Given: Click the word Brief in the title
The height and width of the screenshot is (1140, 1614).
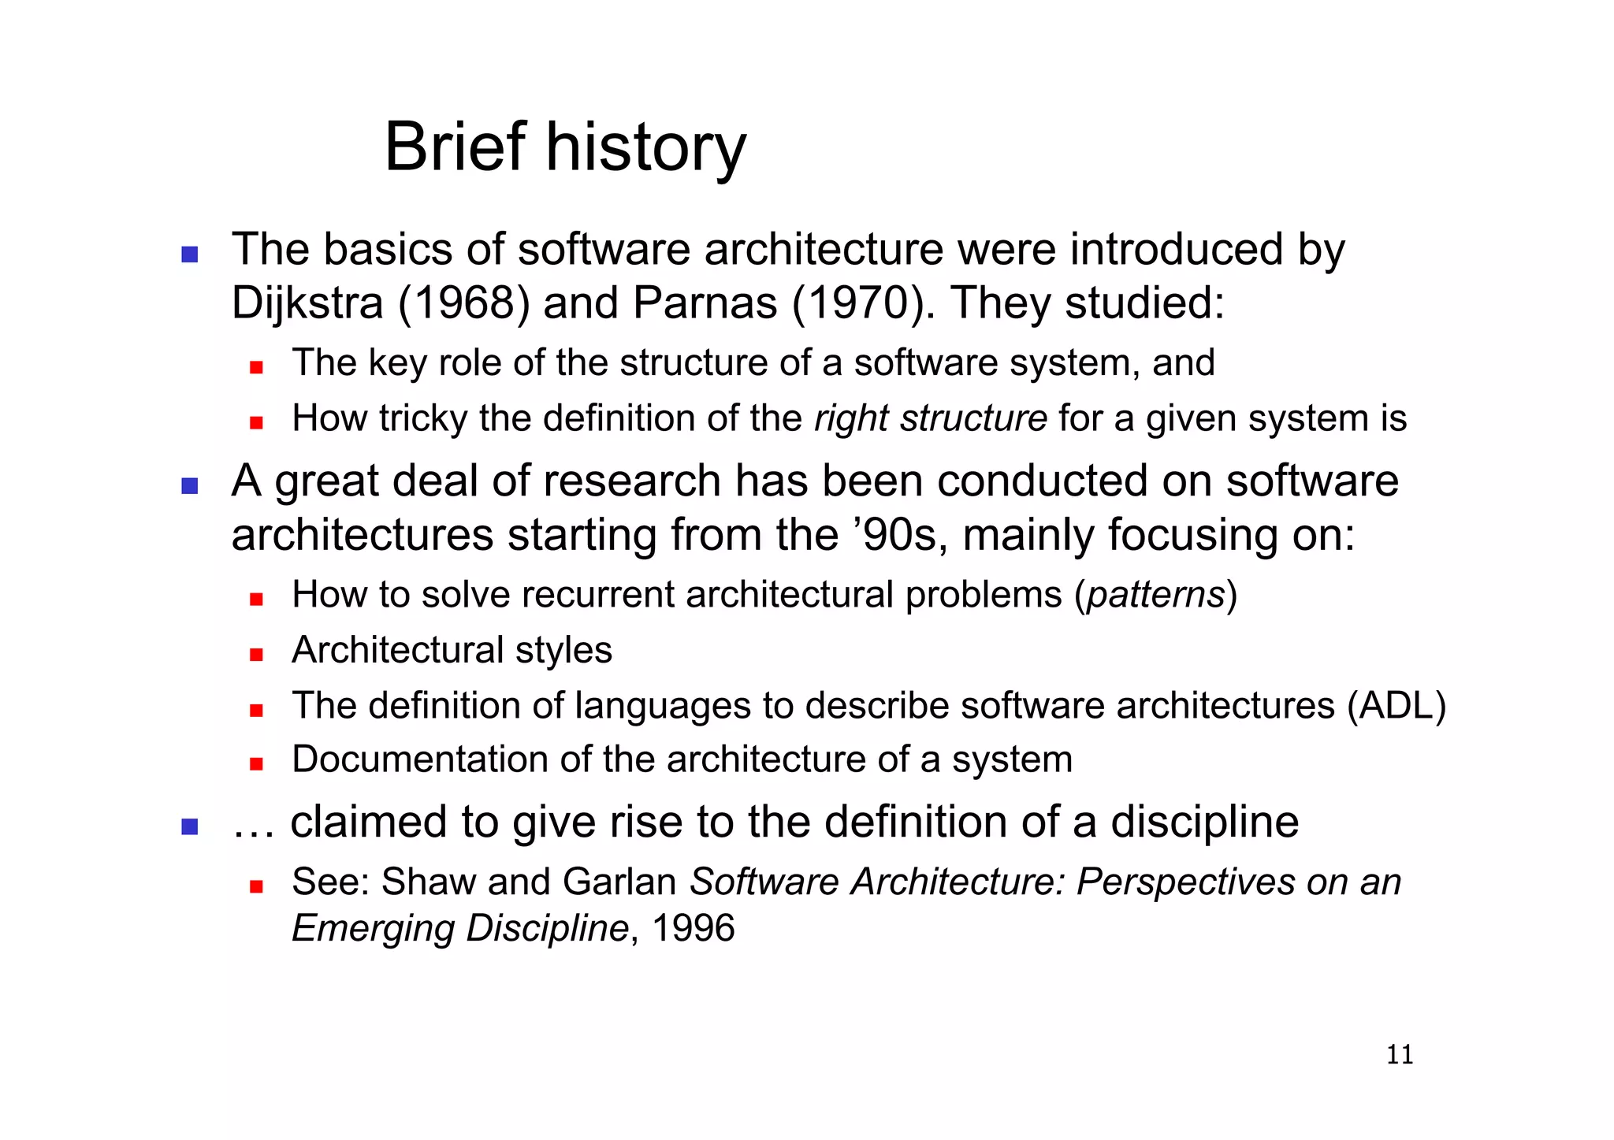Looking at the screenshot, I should (454, 147).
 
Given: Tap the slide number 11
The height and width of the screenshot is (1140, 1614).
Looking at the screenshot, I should (1400, 1054).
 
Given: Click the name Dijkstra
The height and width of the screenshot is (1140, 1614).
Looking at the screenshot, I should (307, 303).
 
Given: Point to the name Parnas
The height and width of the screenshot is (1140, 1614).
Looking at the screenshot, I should (705, 303).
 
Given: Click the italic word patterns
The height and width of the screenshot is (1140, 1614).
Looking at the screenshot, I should (1156, 595).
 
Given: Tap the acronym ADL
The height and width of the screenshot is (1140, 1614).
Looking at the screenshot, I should (1396, 705).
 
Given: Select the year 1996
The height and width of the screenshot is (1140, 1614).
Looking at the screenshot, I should (694, 928).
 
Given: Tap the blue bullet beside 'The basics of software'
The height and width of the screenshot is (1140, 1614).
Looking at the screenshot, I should (189, 254).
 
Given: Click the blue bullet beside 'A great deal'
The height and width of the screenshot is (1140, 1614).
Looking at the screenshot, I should (189, 485).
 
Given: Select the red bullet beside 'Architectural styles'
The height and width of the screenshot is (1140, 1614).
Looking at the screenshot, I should (255, 654).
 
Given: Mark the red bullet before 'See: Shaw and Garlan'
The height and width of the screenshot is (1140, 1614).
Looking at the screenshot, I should (255, 886).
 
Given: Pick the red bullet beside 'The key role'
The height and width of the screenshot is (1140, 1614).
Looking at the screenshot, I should (255, 367).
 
